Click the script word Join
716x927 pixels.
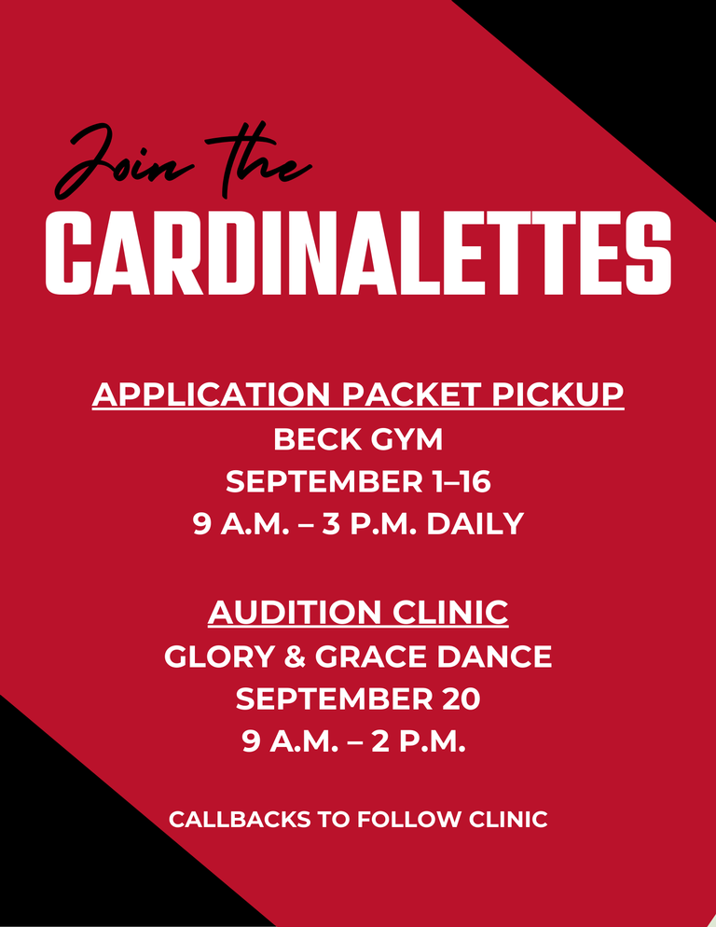(x=124, y=160)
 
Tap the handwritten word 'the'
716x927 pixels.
(x=258, y=159)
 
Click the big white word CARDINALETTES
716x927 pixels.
(x=358, y=253)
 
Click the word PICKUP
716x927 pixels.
(x=558, y=394)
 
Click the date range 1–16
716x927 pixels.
(x=461, y=482)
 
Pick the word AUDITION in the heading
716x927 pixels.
(x=295, y=613)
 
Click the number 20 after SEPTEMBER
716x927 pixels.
(x=461, y=699)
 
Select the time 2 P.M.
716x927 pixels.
(x=419, y=740)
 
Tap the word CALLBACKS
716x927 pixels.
(x=240, y=820)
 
